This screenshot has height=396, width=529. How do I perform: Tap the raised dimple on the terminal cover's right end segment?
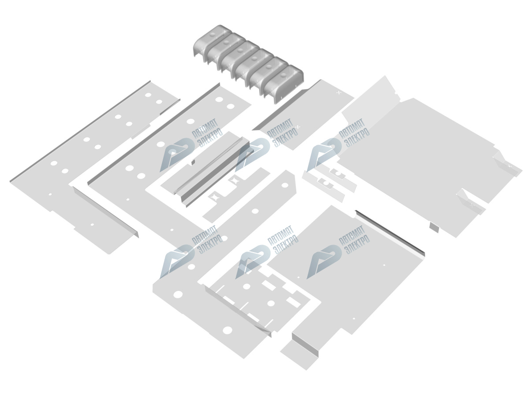[x=283, y=75]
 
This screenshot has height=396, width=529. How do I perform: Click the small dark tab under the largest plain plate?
[x=434, y=226]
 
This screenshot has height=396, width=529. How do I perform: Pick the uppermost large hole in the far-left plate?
[x=148, y=95]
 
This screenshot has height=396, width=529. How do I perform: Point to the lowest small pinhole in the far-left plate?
[x=92, y=225]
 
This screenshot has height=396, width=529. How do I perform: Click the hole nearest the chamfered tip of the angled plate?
[x=285, y=185]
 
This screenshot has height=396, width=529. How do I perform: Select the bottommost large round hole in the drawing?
[x=227, y=330]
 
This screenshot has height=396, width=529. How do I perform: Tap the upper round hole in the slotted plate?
[x=246, y=286]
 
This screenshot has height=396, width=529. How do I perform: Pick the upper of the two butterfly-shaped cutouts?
[x=234, y=180]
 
